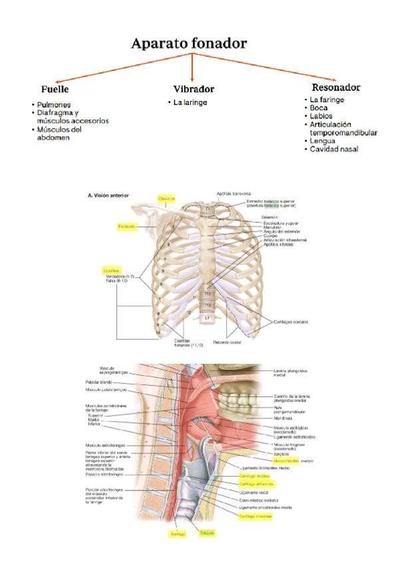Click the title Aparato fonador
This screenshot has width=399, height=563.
tap(189, 44)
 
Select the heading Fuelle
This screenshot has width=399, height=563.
tap(55, 89)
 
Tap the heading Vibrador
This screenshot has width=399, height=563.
tap(194, 89)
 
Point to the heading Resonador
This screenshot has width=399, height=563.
tap(336, 87)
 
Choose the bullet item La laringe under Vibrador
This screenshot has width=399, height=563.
tap(190, 103)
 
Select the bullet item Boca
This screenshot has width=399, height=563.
tap(319, 108)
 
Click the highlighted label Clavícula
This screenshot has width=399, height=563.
tap(166, 198)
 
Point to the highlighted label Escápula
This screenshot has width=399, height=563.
tap(127, 226)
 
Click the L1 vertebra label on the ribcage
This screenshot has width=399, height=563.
tap(207, 318)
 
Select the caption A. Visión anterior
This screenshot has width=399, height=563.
tap(108, 195)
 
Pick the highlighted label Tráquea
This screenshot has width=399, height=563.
tap(206, 532)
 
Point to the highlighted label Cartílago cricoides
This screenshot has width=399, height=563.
tap(255, 515)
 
